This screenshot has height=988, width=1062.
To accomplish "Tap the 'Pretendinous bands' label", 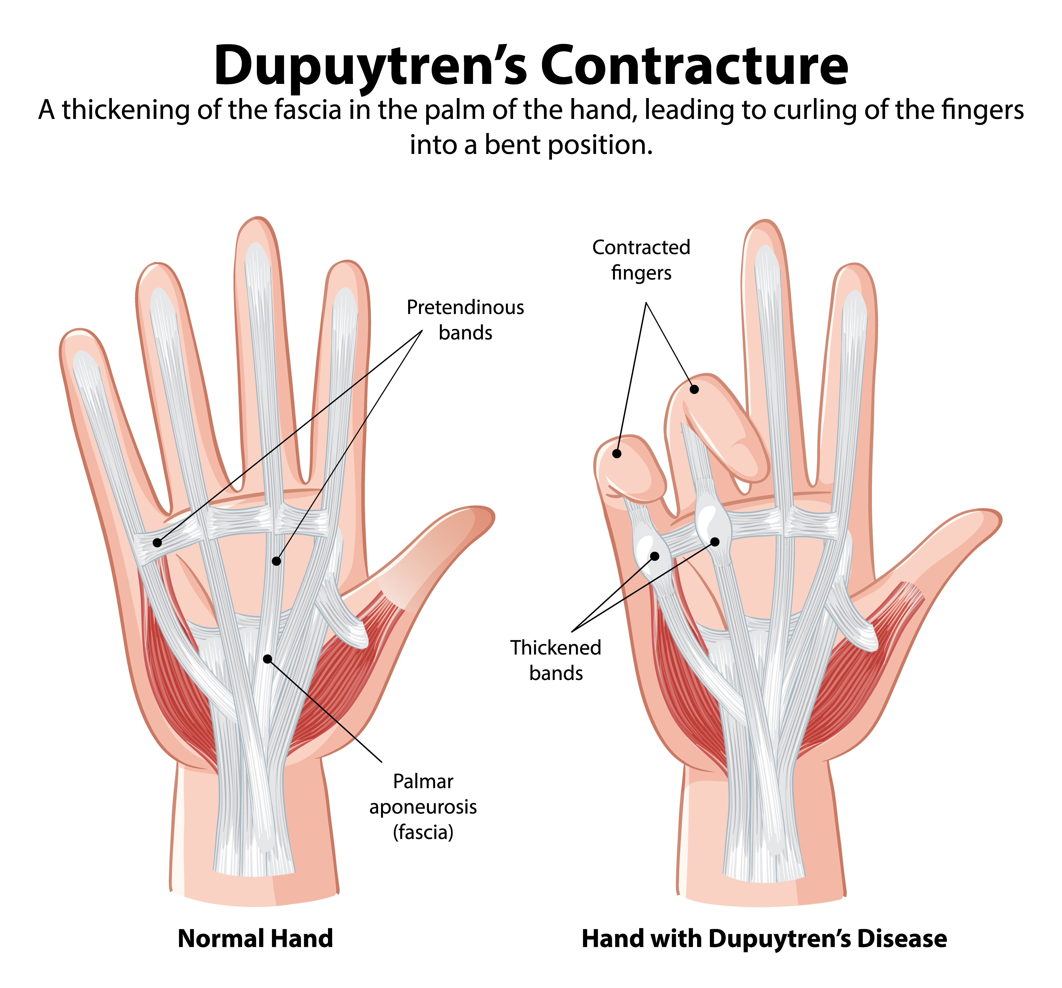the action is [465, 320].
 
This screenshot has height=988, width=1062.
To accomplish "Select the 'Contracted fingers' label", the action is [641, 260].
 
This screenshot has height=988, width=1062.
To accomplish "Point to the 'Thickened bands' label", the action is [556, 660].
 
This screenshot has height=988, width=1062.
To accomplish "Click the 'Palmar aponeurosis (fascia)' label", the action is [423, 806].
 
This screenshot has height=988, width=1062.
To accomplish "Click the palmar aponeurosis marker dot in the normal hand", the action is [267, 659].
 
